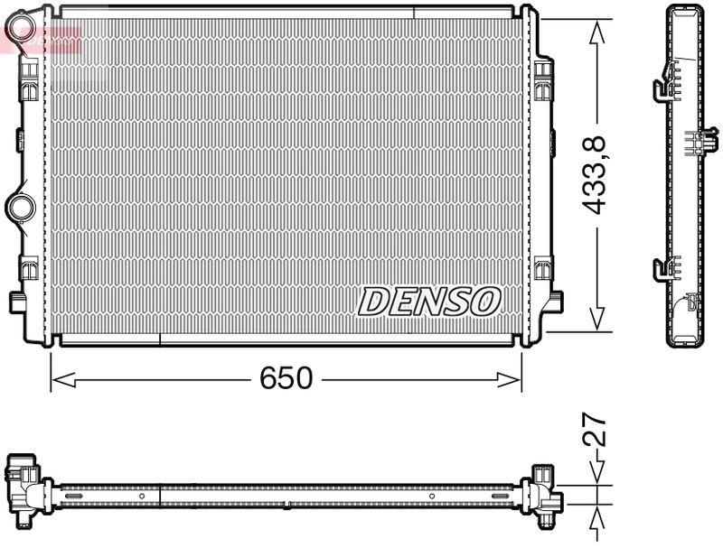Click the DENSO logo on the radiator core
[x=429, y=301]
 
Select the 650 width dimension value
[x=286, y=378]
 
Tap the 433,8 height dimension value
[x=594, y=173]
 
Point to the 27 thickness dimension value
[x=594, y=432]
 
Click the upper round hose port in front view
[x=21, y=27]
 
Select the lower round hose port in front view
[x=20, y=208]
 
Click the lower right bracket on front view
[x=543, y=268]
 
